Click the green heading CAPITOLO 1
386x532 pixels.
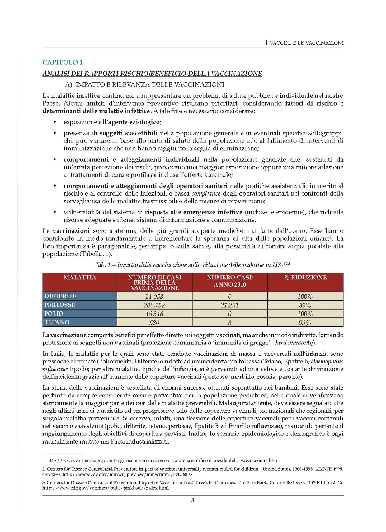[63, 62]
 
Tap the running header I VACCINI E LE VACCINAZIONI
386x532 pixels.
[304, 42]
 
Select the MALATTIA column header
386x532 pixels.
[80, 278]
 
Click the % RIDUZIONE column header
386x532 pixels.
[305, 278]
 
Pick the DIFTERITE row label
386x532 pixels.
[60, 296]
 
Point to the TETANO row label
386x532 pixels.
[57, 322]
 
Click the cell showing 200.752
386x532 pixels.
[154, 305]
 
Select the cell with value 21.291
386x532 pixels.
[230, 305]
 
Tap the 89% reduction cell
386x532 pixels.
[305, 305]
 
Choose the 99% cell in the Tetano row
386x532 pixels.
[305, 323]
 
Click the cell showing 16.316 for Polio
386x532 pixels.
[154, 314]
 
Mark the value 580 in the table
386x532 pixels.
[154, 323]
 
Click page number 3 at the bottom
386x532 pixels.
[193, 501]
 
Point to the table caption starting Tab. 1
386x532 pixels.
[193, 265]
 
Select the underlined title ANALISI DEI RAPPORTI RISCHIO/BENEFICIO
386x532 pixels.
[152, 74]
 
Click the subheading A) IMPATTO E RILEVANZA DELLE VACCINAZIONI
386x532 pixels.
[145, 85]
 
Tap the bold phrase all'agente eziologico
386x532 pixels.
[130, 122]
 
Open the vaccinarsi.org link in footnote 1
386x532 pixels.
[163, 460]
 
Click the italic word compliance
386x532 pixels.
[206, 193]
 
